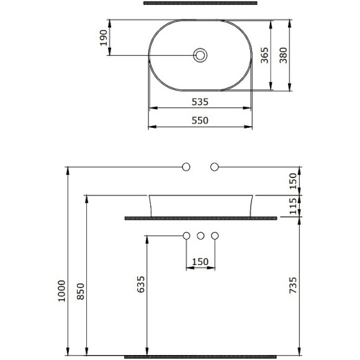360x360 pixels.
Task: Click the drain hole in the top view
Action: pos(200,55)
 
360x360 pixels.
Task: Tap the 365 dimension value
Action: pos(264,55)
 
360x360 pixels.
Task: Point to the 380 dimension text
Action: pos(282,55)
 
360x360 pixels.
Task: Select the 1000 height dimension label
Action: pos(60,290)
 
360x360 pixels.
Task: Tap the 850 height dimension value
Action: pos(79,290)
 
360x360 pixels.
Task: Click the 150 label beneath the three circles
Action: pos(200,262)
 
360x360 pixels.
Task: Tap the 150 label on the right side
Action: pos(294,181)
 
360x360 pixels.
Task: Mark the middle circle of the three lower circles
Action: pos(200,236)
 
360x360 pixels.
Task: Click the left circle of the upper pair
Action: pos(186,167)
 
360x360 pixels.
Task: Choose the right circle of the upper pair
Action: pos(215,167)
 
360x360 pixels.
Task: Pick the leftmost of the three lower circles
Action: pos(186,236)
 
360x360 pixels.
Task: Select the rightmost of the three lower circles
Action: pos(215,236)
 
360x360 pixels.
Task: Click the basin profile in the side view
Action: pos(200,205)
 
